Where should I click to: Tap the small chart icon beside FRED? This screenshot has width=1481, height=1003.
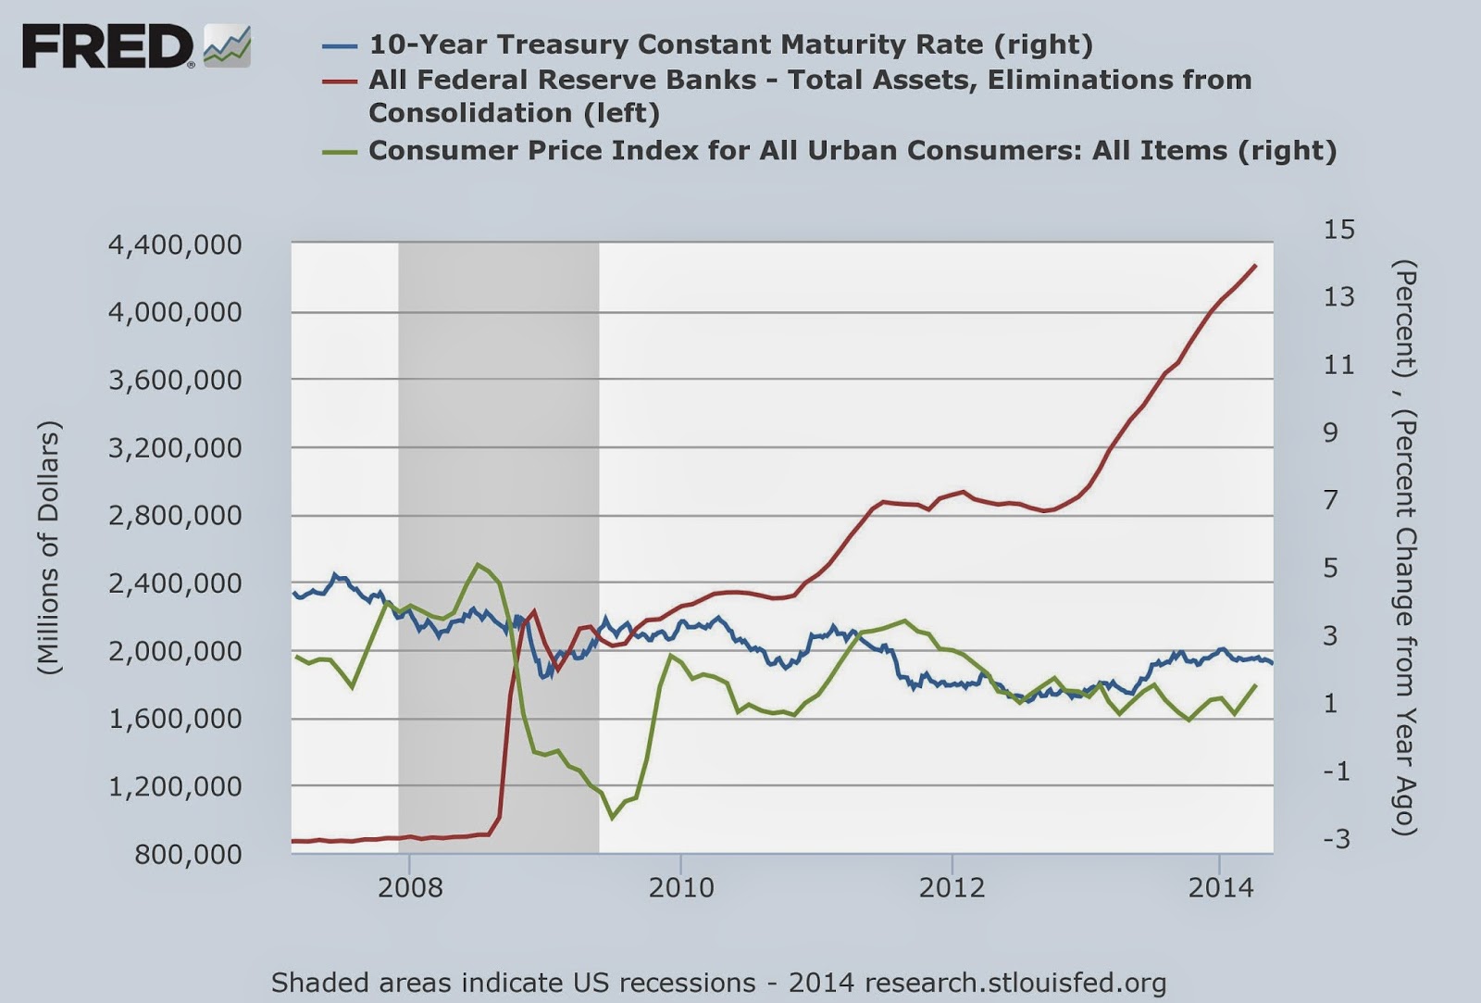227,46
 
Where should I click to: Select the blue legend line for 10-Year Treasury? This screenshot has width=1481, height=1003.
340,46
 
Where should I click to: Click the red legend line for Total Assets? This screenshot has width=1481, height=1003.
340,81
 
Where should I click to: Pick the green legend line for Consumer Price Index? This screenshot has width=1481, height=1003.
340,152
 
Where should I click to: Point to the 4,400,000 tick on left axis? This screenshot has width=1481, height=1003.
175,244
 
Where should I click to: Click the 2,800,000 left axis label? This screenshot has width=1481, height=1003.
175,516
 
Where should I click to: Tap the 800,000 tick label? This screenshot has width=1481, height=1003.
189,854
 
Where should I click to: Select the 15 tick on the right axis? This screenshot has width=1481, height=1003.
1338,230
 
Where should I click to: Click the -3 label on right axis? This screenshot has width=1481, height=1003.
1337,839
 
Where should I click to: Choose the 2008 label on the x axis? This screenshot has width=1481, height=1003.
410,887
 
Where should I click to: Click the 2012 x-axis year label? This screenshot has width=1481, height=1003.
952,887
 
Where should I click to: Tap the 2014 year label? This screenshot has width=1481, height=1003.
1221,887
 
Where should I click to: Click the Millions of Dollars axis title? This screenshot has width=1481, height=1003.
49,547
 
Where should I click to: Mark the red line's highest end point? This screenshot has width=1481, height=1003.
1255,265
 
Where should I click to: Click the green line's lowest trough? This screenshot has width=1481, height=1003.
612,819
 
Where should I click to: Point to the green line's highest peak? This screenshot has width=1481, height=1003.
478,564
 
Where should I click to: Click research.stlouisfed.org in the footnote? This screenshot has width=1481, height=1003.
1014,984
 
